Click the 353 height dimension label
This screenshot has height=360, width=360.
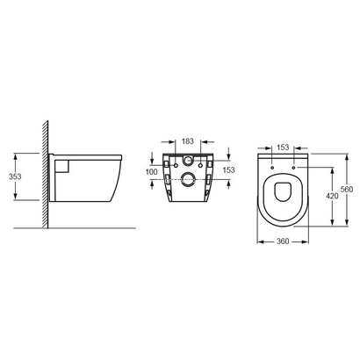coord(15,176)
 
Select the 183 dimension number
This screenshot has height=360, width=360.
coord(188,141)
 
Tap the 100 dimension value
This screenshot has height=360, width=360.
coord(151,172)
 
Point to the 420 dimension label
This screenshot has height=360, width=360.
coord(332,196)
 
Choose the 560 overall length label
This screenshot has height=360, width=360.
coord(347,189)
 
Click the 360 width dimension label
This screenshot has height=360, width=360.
coord(283,241)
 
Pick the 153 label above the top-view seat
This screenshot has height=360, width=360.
coord(283,148)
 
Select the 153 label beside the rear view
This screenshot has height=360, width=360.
coord(229,169)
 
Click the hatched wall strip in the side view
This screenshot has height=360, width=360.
coord(45,174)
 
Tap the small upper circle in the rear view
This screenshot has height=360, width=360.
coord(188,160)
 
